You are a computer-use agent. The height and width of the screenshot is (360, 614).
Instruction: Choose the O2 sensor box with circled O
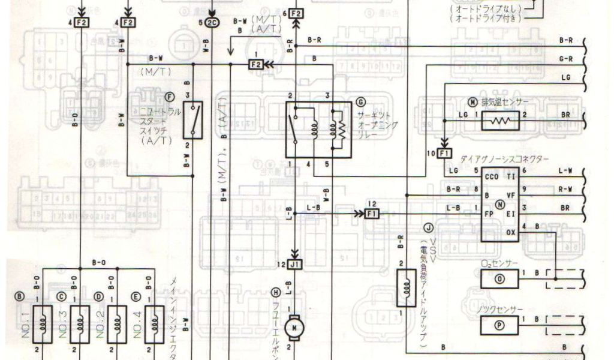click(x=498, y=278)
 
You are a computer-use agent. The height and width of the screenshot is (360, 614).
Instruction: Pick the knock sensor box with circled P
click(x=498, y=324)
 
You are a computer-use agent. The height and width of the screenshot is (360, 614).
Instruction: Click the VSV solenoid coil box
click(x=406, y=288)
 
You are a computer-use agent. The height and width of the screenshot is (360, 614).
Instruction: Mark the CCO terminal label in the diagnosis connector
click(x=492, y=177)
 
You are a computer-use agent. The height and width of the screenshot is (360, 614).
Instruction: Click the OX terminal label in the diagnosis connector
click(x=511, y=232)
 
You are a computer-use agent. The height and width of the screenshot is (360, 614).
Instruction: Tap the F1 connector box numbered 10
click(x=444, y=154)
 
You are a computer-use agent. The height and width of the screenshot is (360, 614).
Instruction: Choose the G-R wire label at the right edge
click(x=565, y=59)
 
